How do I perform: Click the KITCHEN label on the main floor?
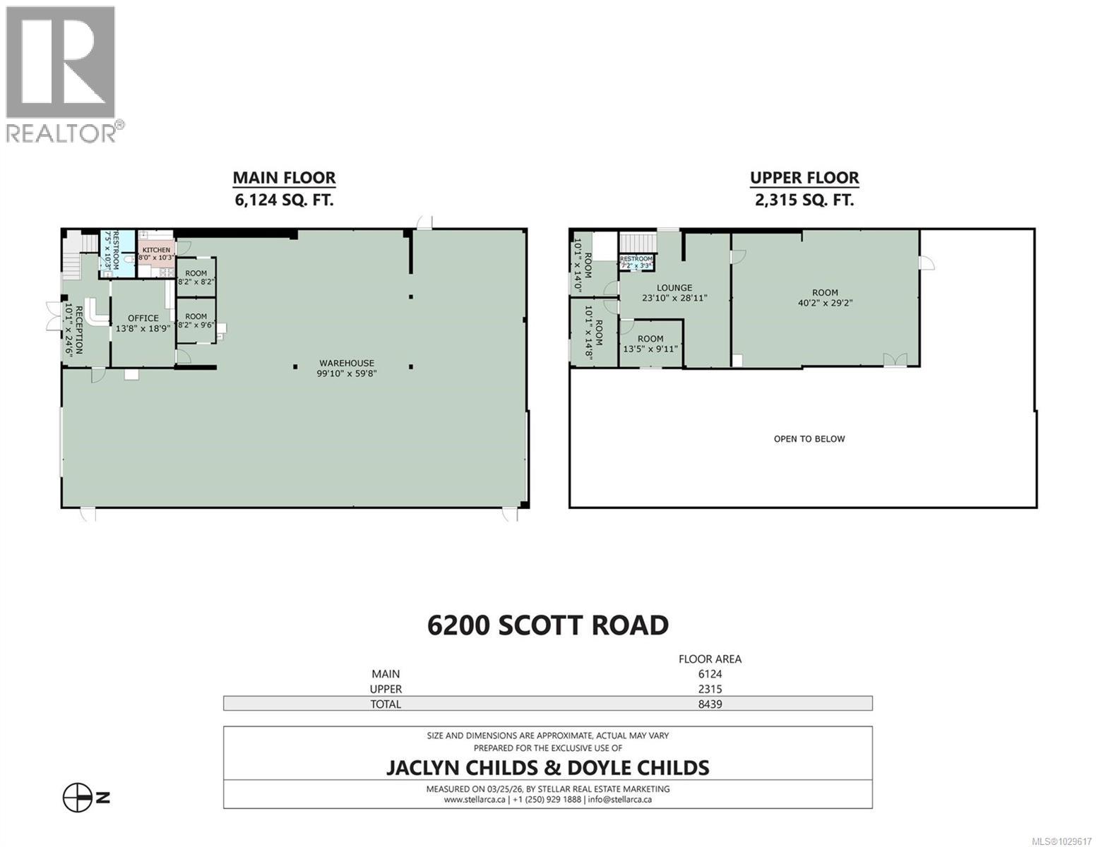point(156,250)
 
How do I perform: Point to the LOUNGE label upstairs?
point(674,288)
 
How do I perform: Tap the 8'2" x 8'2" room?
point(196,277)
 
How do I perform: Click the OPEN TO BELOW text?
point(809,439)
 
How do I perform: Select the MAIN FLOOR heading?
point(284,178)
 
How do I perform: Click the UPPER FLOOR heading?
point(804,178)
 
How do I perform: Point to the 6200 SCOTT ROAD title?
point(547,625)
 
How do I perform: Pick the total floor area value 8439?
point(710,704)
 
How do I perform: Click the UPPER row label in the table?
point(386,689)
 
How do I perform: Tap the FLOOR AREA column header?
point(710,659)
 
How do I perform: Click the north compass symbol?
point(78,798)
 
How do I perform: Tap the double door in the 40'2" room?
point(894,360)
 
